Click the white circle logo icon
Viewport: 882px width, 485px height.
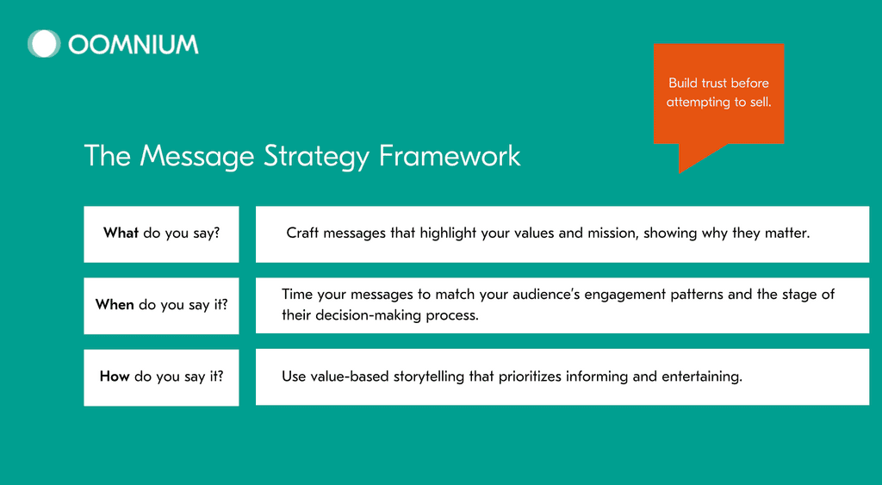[x=44, y=44]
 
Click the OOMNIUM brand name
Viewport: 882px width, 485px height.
[x=134, y=45]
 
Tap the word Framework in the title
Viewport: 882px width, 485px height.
[x=450, y=156]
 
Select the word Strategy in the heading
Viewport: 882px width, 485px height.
[x=316, y=157]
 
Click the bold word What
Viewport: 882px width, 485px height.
[x=121, y=233]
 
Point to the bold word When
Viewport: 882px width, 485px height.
[x=115, y=304]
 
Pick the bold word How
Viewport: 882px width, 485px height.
[x=115, y=376]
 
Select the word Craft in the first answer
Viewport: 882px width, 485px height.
[x=302, y=233]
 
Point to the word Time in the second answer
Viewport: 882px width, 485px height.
[x=297, y=295]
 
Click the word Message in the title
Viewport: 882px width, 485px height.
[x=197, y=157]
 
